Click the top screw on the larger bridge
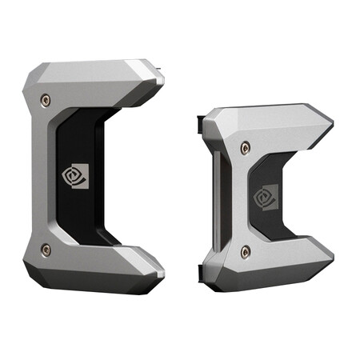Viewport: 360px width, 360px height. click(46, 100)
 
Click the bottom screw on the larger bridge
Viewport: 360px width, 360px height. click(46, 250)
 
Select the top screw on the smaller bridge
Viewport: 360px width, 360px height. click(245, 146)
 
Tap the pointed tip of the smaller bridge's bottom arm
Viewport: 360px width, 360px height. click(332, 258)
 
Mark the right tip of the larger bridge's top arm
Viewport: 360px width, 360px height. click(163, 80)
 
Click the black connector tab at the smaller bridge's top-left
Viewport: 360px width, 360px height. click(198, 123)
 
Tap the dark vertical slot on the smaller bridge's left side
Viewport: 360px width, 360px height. click(216, 200)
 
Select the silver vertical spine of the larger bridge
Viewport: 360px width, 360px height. click(38, 176)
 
